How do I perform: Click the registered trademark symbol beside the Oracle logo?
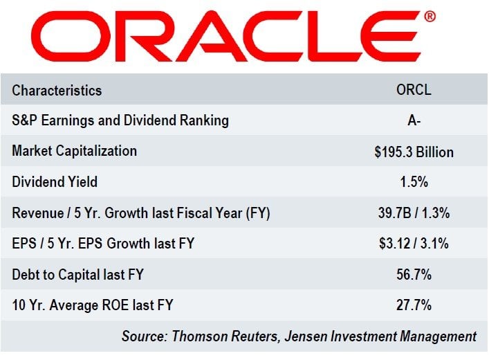[430, 15]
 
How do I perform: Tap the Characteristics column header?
[57, 91]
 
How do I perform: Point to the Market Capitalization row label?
[75, 151]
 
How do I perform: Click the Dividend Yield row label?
[55, 182]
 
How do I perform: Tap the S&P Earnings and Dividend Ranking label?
[120, 120]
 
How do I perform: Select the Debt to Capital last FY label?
[77, 275]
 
